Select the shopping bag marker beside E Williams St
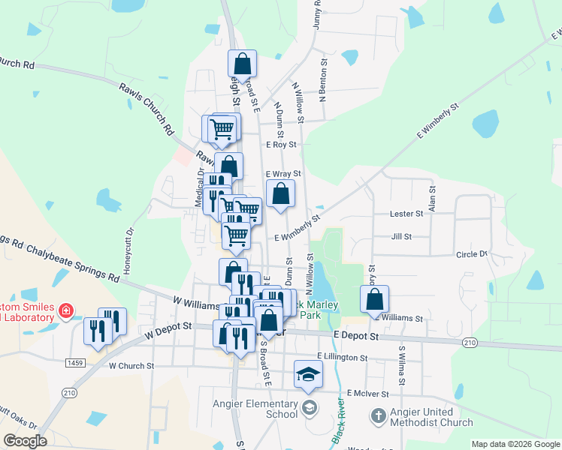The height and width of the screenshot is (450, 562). (x=374, y=299)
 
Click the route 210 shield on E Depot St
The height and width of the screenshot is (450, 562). (x=470, y=343)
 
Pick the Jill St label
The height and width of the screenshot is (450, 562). (x=402, y=236)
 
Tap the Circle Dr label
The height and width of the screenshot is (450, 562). (x=473, y=254)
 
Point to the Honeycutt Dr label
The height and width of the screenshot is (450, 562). (x=128, y=240)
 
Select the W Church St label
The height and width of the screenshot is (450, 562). (x=131, y=366)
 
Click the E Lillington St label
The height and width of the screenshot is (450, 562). (x=342, y=358)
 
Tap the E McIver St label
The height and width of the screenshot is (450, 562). (x=368, y=393)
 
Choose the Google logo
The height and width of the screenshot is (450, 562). (x=25, y=442)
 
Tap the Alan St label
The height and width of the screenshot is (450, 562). (x=432, y=200)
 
